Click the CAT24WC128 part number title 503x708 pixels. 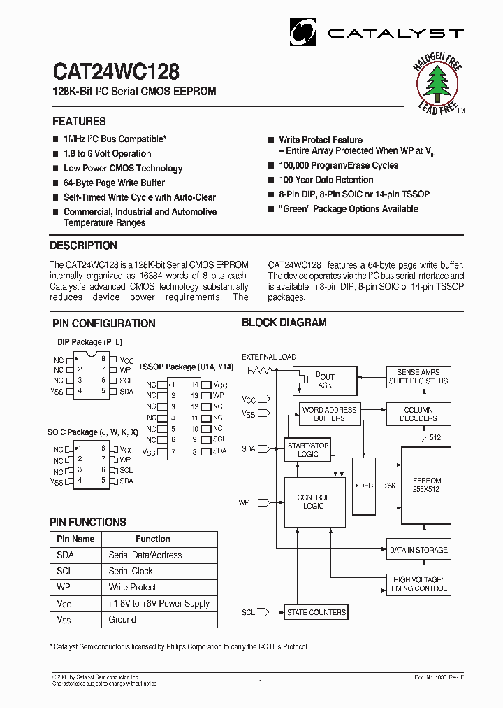click(116, 71)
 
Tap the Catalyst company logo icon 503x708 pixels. click(303, 32)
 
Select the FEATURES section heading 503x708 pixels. click(79, 121)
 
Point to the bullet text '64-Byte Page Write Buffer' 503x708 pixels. click(114, 183)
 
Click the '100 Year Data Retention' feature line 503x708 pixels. click(326, 180)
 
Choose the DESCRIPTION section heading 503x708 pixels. click(83, 246)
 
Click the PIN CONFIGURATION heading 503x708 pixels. click(104, 323)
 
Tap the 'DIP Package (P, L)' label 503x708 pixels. click(89, 342)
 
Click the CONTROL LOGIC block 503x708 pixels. click(314, 502)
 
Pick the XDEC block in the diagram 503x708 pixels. click(363, 484)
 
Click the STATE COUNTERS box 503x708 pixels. click(316, 612)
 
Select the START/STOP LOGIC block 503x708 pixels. click(308, 450)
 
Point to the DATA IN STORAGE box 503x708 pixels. click(418, 550)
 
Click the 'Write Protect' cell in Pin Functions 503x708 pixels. click(132, 588)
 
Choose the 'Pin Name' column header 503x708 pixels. click(75, 539)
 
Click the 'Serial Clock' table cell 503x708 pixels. click(131, 572)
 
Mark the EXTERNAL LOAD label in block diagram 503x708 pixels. click(269, 357)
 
